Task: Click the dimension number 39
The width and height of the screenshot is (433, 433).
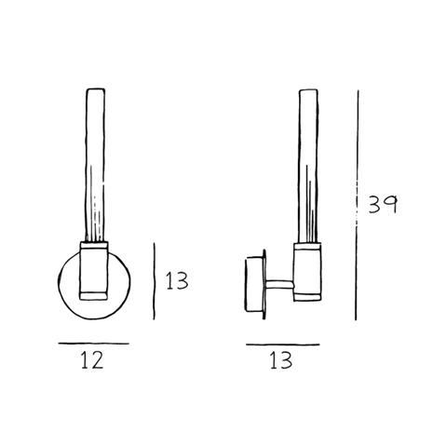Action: pyautogui.click(x=383, y=205)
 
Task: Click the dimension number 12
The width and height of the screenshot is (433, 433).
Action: pyautogui.click(x=92, y=360)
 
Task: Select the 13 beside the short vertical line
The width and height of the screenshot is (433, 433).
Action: pyautogui.click(x=177, y=281)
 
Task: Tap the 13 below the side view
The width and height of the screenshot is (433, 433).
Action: pyautogui.click(x=281, y=360)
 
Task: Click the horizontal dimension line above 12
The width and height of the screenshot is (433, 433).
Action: pyautogui.click(x=94, y=344)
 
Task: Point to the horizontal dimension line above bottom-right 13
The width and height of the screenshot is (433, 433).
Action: pyautogui.click(x=283, y=345)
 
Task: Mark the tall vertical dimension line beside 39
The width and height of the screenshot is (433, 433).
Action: pyautogui.click(x=357, y=205)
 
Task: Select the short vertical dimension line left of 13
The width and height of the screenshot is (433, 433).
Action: pyautogui.click(x=155, y=281)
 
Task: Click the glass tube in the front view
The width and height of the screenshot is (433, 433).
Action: pyautogui.click(x=95, y=165)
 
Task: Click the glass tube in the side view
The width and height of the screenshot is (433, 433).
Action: pyautogui.click(x=308, y=167)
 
